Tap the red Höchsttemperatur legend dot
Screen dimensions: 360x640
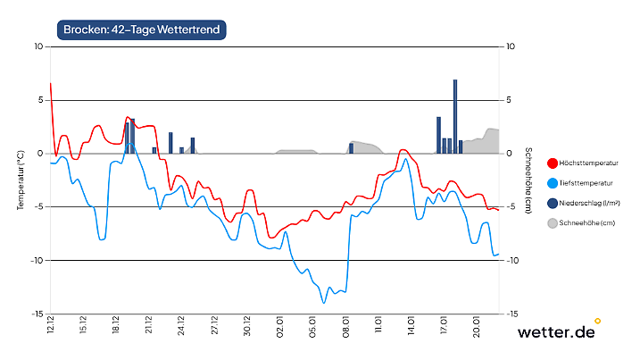(552, 163)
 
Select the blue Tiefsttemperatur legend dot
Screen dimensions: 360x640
(552, 183)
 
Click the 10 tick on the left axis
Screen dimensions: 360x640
(37, 46)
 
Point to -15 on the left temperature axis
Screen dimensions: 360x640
(35, 314)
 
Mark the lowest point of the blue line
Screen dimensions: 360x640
(324, 303)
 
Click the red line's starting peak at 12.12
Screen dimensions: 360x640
(51, 83)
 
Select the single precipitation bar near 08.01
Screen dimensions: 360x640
(352, 147)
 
